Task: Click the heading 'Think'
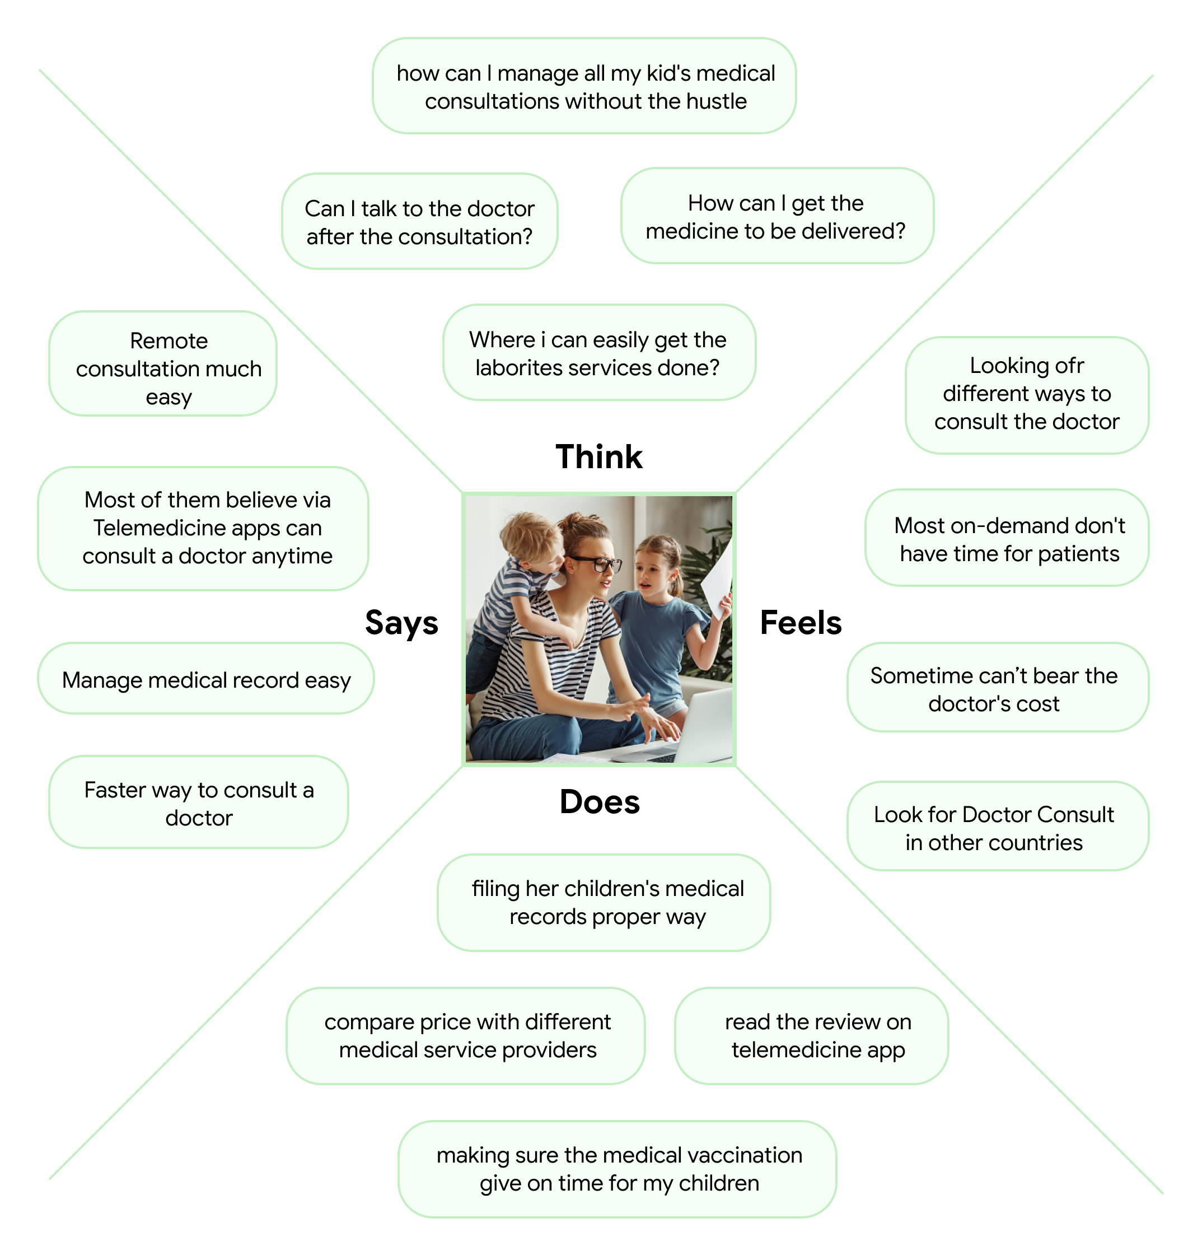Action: tap(598, 456)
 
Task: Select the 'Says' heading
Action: tap(401, 622)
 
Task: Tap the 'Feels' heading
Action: tap(800, 622)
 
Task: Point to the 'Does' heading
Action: tap(600, 802)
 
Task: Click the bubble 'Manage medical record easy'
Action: tap(206, 679)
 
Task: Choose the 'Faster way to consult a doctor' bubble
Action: tap(199, 803)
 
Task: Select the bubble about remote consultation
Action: tap(169, 368)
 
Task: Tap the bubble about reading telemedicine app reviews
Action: tap(817, 1035)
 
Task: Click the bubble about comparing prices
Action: tap(467, 1035)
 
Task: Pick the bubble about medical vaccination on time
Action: tap(619, 1169)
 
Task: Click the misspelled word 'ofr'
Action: tap(1069, 366)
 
